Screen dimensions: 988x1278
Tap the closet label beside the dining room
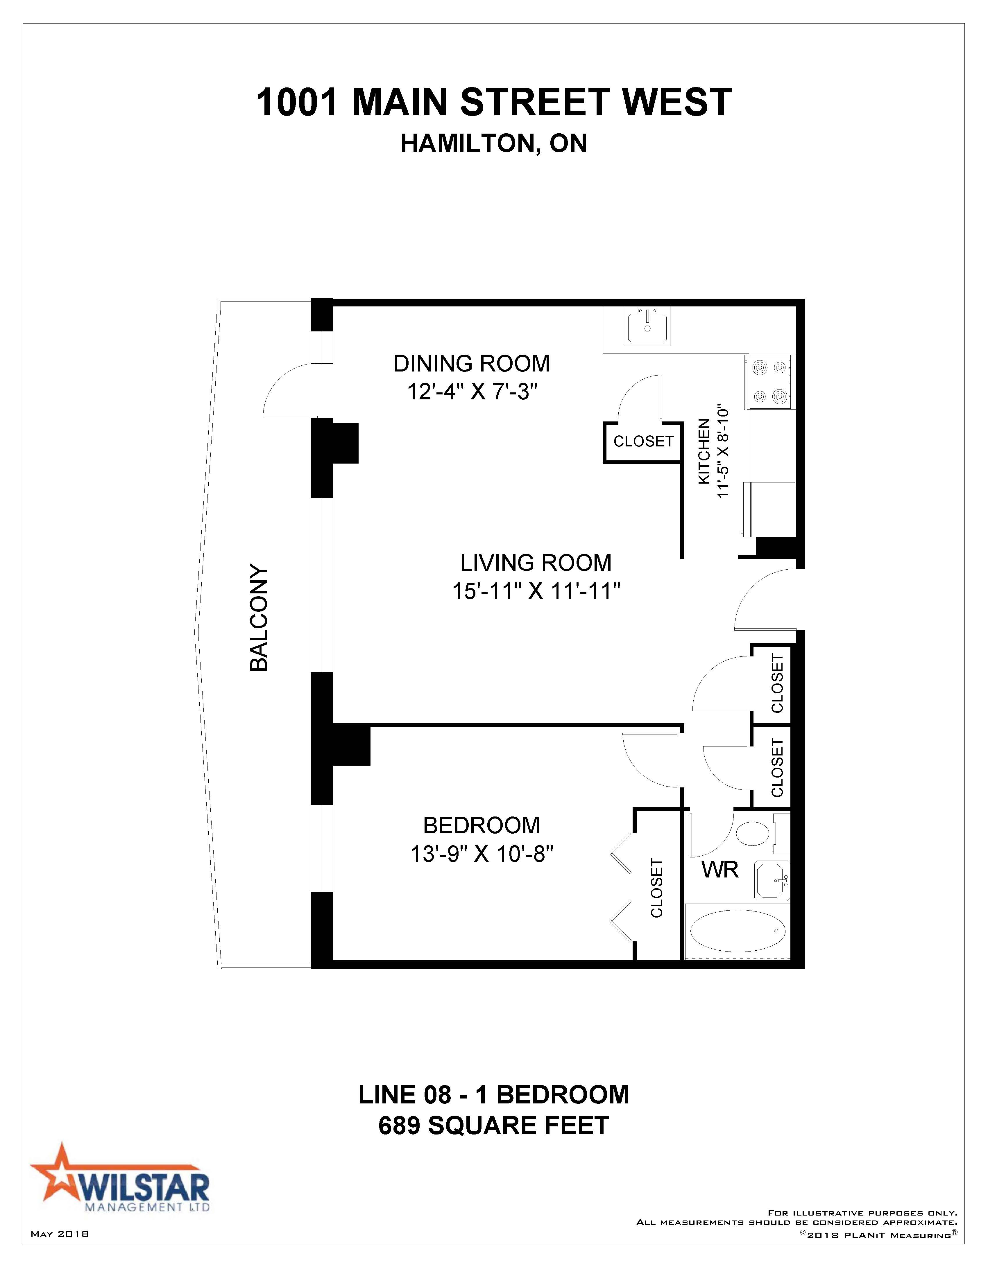click(x=643, y=441)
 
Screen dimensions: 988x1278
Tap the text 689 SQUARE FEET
click(x=494, y=1125)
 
